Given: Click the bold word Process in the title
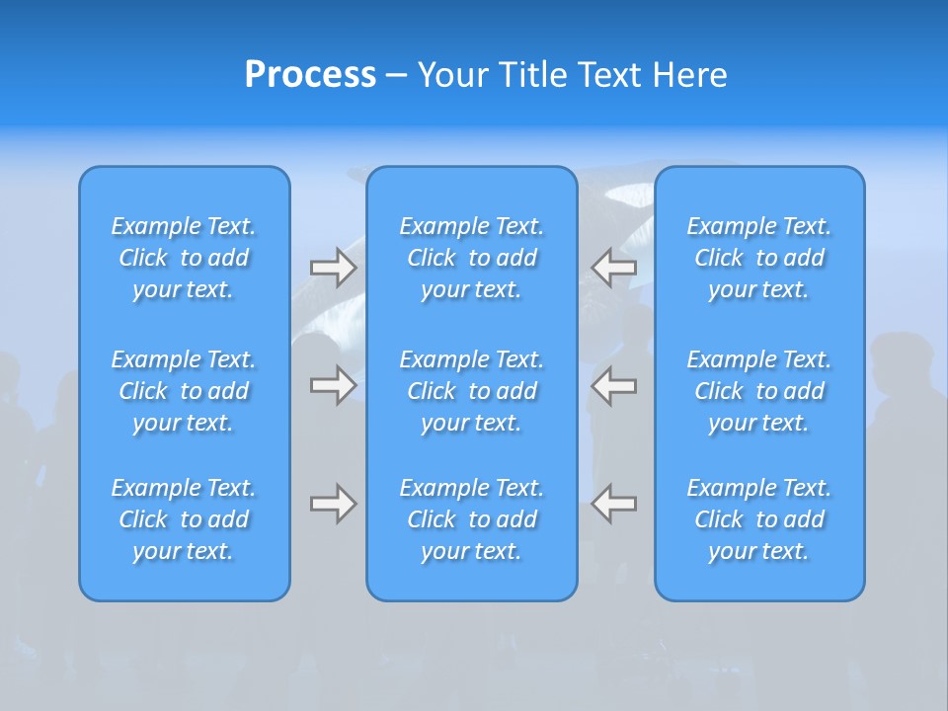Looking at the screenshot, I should pyautogui.click(x=310, y=75).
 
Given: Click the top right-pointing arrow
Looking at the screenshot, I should pyautogui.click(x=333, y=268).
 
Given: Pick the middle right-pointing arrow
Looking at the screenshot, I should pyautogui.click(x=333, y=385).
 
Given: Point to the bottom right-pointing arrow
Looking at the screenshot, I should pyautogui.click(x=333, y=504).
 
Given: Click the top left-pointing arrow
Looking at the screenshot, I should pyautogui.click(x=614, y=268).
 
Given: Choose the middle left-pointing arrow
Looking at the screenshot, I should pyautogui.click(x=614, y=385).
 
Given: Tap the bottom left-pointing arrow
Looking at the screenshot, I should pyautogui.click(x=614, y=504).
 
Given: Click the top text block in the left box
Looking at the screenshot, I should pyautogui.click(x=184, y=258).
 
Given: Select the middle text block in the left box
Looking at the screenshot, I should pyautogui.click(x=184, y=391).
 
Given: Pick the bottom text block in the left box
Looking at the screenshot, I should pyautogui.click(x=184, y=519).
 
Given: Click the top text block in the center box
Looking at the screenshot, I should pyautogui.click(x=471, y=258).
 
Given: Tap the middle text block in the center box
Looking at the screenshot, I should pyautogui.click(x=471, y=391).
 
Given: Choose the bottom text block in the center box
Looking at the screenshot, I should pyautogui.click(x=471, y=519).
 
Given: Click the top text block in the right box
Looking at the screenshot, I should pyautogui.click(x=759, y=258).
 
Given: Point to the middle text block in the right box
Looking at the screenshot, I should pyautogui.click(x=759, y=391).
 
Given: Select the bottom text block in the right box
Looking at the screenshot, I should pyautogui.click(x=759, y=519).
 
